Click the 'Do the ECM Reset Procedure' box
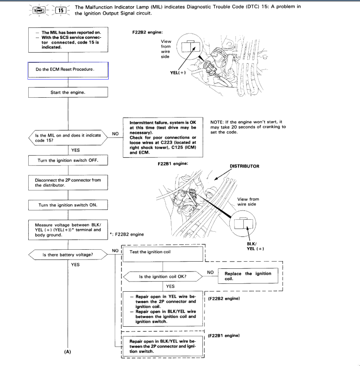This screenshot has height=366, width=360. tap(68, 70)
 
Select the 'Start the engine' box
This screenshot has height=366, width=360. tap(68, 92)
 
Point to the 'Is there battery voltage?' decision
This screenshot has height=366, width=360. tap(68, 255)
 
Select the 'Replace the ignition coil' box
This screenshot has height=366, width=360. tap(248, 276)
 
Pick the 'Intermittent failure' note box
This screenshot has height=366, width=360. tap(161, 137)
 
